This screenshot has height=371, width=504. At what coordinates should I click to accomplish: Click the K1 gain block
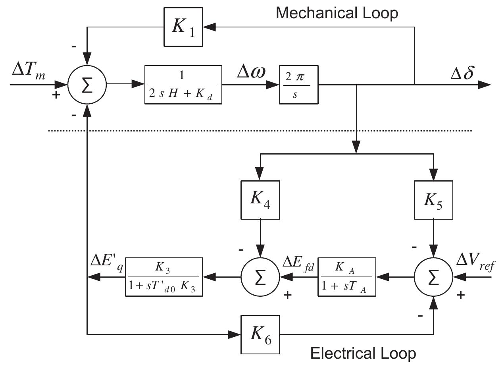(x=184, y=27)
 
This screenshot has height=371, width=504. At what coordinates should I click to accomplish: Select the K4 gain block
(x=260, y=200)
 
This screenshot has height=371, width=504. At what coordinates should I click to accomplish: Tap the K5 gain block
(x=433, y=200)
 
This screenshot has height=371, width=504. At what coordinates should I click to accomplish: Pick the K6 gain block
(x=260, y=334)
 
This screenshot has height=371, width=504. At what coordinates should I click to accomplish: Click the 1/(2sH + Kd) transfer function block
(x=183, y=85)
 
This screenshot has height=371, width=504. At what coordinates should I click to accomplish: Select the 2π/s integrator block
(x=298, y=85)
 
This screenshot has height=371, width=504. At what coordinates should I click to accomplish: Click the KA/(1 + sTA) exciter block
(x=347, y=277)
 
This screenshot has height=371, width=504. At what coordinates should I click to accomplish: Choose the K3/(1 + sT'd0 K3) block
(x=164, y=277)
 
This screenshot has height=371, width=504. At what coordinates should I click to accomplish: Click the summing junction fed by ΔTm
(x=87, y=85)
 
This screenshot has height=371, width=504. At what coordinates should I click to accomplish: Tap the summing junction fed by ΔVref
(x=433, y=277)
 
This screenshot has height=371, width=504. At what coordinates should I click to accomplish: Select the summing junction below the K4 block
(x=260, y=277)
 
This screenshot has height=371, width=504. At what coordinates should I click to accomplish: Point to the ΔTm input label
(x=29, y=71)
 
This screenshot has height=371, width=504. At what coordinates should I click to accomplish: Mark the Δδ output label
(x=462, y=73)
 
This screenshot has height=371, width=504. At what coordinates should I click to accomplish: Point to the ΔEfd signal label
(x=298, y=263)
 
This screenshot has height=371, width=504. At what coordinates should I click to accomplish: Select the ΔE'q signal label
(x=106, y=263)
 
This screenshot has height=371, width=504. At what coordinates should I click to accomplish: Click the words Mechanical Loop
(x=337, y=13)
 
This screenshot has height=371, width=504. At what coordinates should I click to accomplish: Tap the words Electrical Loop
(x=363, y=353)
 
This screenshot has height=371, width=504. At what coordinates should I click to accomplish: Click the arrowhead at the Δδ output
(x=485, y=85)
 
